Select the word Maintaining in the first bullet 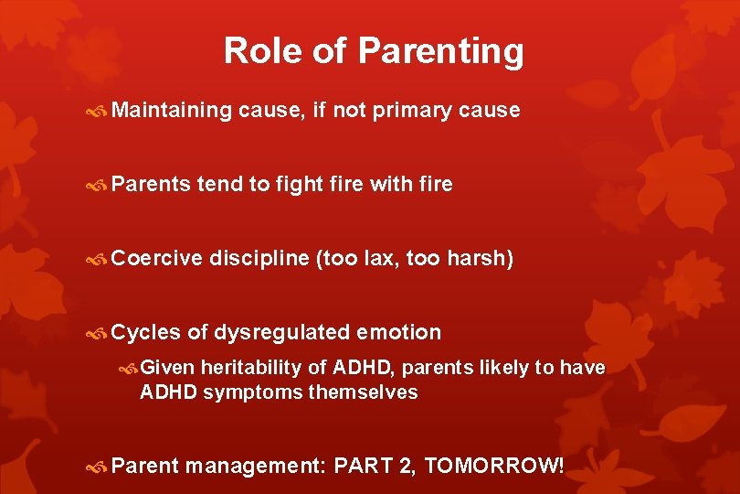pyautogui.click(x=173, y=111)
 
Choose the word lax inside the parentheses pyautogui.click(x=377, y=259)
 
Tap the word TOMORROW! pyautogui.click(x=494, y=466)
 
